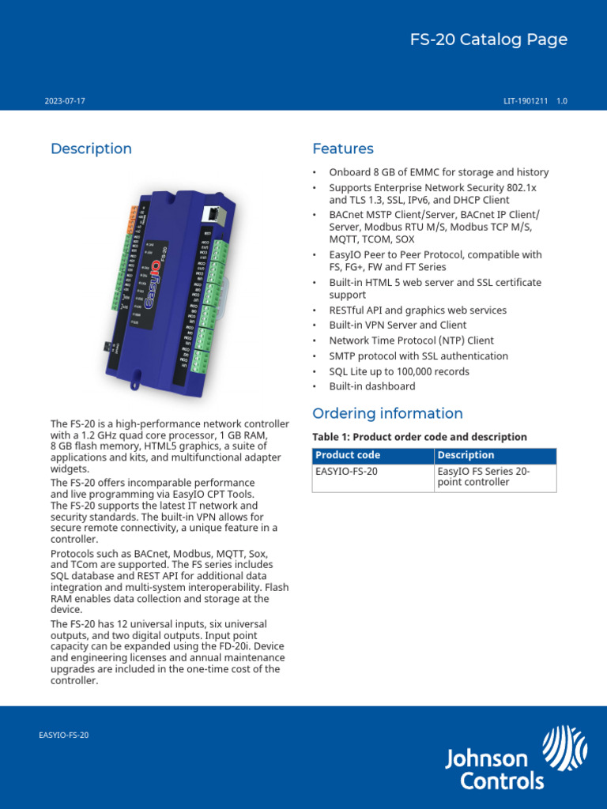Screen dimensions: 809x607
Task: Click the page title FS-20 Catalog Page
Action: point(488,40)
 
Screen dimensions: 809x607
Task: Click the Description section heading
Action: point(91,149)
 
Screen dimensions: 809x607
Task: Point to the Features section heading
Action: point(343,149)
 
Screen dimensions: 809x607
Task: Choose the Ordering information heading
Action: point(387,413)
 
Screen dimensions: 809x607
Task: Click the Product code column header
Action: point(348,455)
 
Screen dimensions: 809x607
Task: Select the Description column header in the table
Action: point(466,455)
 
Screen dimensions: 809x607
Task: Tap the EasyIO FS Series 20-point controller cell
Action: point(484,476)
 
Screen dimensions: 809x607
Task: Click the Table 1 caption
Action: point(419,437)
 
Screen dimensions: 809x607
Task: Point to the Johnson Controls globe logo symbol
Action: point(564,748)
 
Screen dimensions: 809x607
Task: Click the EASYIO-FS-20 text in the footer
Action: point(64,735)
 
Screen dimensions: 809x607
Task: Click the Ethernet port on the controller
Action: point(213,214)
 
